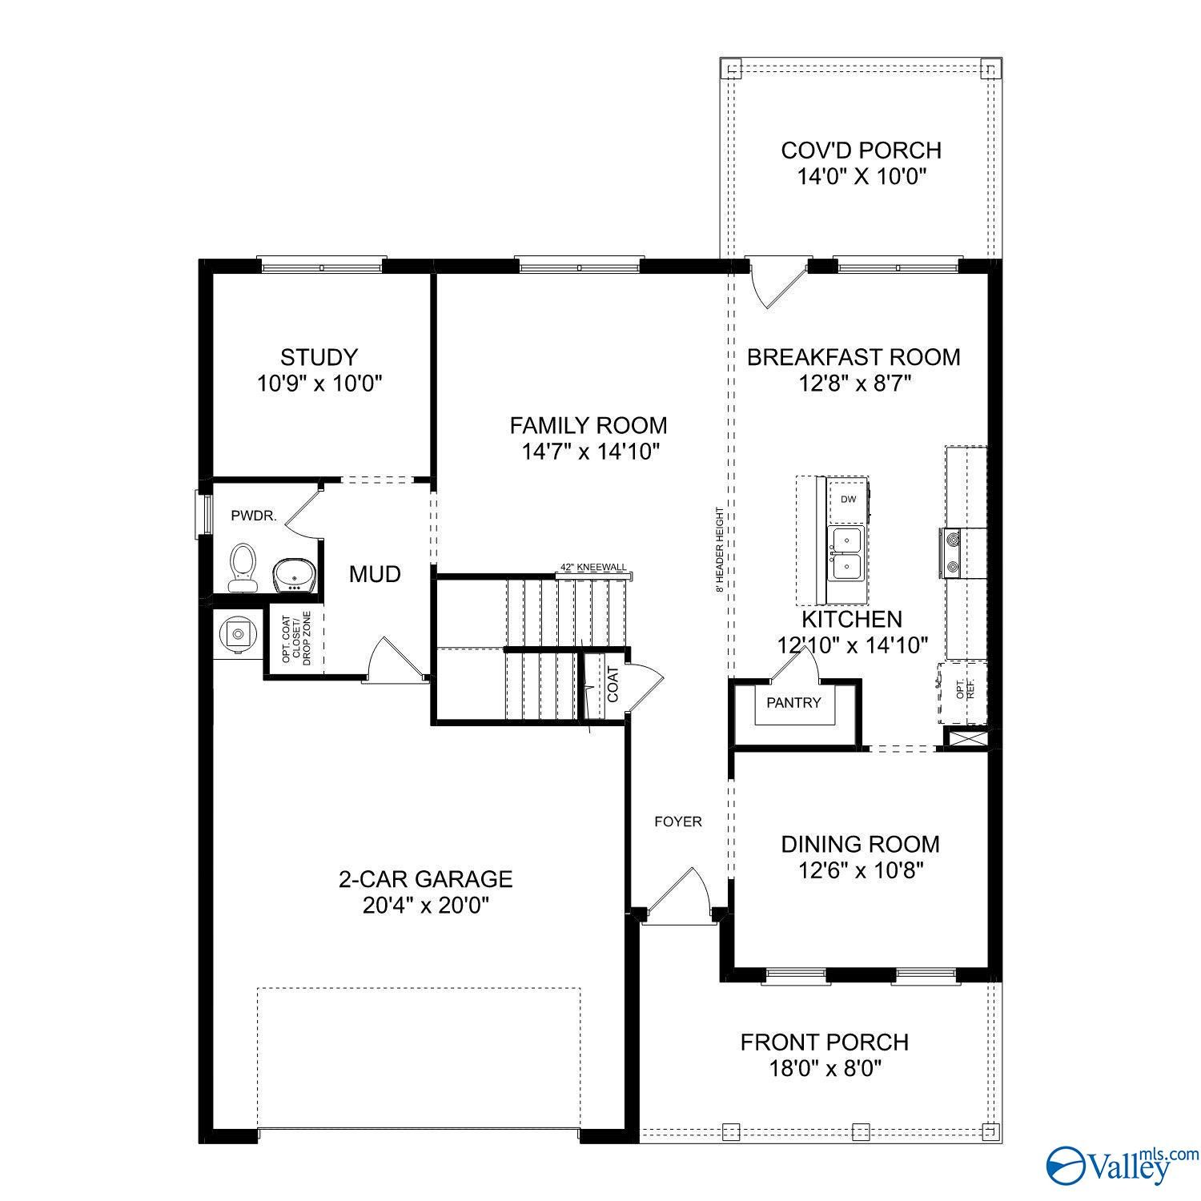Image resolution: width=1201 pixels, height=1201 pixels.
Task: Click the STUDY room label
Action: click(319, 356)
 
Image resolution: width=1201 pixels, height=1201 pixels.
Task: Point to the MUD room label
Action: click(375, 574)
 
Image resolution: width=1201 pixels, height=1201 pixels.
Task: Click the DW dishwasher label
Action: click(848, 500)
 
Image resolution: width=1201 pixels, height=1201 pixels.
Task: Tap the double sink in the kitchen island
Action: click(846, 553)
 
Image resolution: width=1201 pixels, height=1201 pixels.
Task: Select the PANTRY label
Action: click(793, 703)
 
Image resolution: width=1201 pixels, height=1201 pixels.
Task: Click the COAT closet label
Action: click(613, 685)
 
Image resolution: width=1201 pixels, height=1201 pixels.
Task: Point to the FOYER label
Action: click(678, 821)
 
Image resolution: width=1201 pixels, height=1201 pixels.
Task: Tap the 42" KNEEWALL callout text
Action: click(593, 568)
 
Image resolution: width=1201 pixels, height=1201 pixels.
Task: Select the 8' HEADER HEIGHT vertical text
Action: click(721, 549)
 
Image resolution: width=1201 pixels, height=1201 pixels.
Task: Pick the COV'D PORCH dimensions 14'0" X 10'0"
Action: click(862, 177)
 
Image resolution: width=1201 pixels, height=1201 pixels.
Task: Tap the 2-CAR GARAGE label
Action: click(425, 879)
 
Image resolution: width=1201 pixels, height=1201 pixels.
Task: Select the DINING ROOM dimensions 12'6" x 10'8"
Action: click(861, 870)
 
